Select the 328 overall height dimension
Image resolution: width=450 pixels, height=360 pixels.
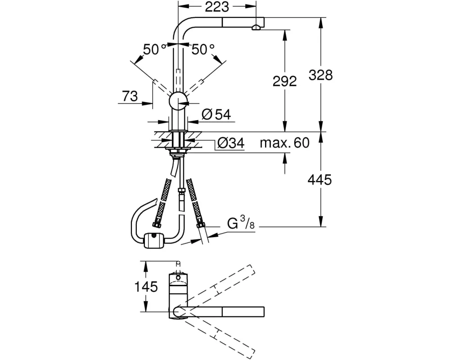point(321,75)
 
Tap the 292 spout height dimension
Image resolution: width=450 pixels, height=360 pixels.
point(285,81)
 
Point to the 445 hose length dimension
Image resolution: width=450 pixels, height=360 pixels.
point(321,180)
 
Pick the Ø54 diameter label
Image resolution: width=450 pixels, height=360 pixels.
point(216,115)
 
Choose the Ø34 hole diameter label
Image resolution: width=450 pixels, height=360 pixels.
point(230,143)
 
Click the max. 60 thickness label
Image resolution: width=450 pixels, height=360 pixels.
point(285,143)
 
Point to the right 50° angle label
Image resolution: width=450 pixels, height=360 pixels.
point(202,49)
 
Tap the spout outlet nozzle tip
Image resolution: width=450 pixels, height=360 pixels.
point(256,28)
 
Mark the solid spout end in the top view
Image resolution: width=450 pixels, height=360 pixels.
point(243,311)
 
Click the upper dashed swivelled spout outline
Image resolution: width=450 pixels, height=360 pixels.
point(220,283)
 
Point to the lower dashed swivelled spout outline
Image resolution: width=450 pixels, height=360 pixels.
point(220,335)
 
